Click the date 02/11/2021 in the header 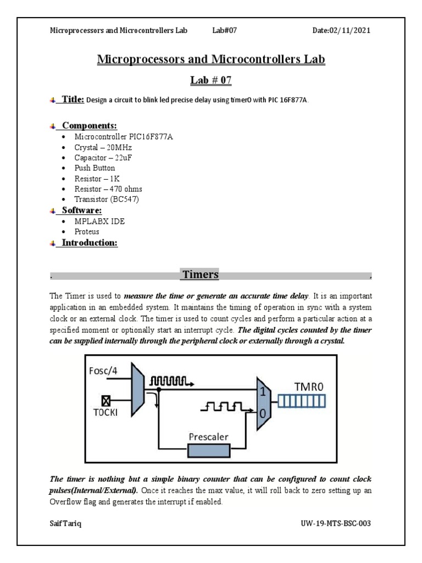(341, 30)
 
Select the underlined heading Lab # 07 (210, 80)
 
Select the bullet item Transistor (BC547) (107, 199)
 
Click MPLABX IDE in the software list (98, 222)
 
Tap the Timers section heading (201, 274)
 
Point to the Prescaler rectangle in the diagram (209, 450)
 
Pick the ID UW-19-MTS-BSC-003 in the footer (336, 523)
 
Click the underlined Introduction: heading (90, 243)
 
